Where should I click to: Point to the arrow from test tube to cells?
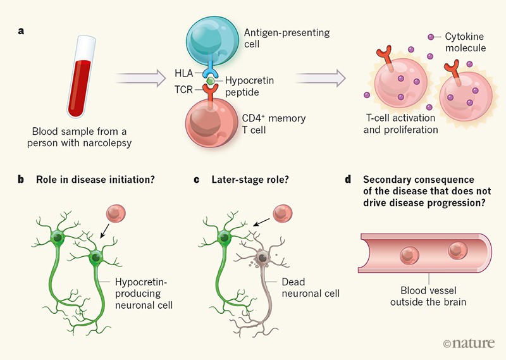coord(139,78)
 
